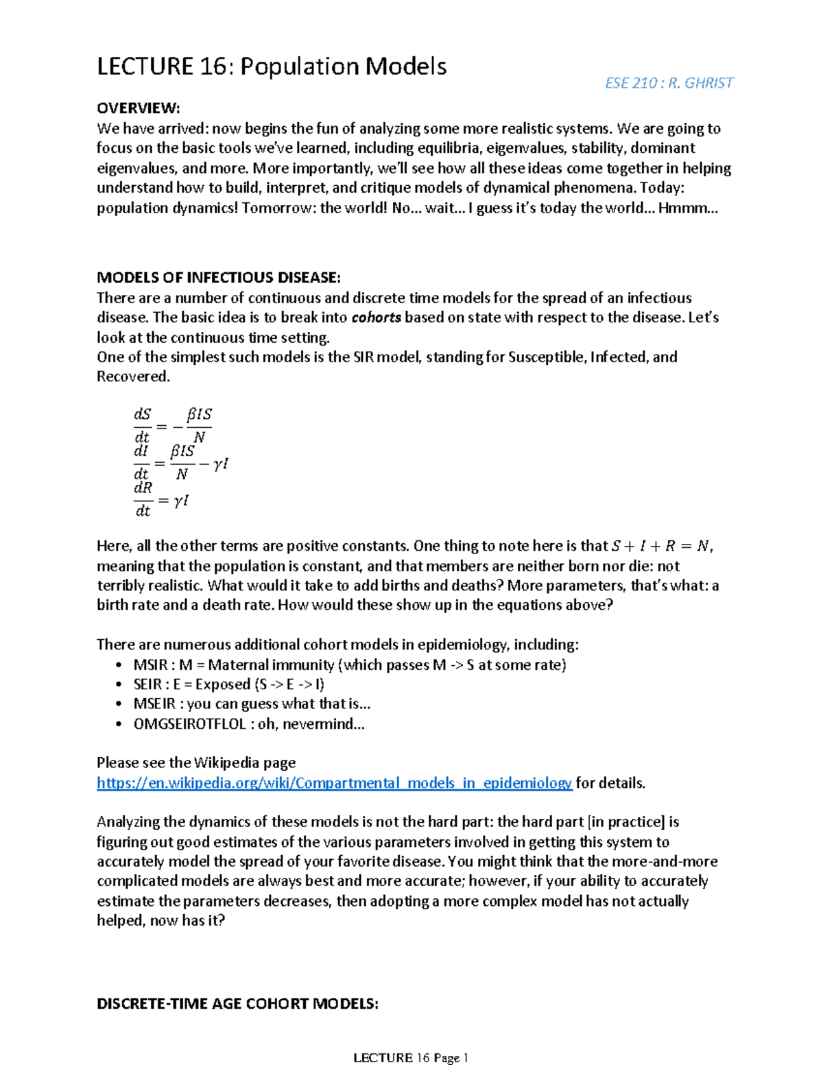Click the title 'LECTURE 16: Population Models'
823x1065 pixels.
click(x=272, y=67)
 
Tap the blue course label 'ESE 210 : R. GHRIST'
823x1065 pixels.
click(x=669, y=83)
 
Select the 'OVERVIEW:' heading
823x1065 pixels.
click(x=138, y=108)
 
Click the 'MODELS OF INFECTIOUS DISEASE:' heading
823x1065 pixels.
click(x=218, y=278)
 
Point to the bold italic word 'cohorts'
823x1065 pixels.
click(x=376, y=318)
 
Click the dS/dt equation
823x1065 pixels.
click(x=173, y=425)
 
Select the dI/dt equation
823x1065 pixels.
click(x=180, y=463)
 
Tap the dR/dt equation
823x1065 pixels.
click(x=160, y=499)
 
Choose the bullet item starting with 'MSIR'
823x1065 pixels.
click(x=350, y=665)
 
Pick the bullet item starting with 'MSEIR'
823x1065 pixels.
click(x=252, y=704)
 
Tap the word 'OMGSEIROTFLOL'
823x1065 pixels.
click(x=189, y=724)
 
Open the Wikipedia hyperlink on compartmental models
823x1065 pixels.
click(x=334, y=783)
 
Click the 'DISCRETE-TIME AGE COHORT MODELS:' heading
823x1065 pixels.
click(x=237, y=1004)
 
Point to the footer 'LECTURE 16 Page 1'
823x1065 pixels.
click(x=410, y=1057)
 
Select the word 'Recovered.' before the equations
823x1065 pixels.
click(x=133, y=376)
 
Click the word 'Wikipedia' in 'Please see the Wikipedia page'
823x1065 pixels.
click(x=227, y=763)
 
